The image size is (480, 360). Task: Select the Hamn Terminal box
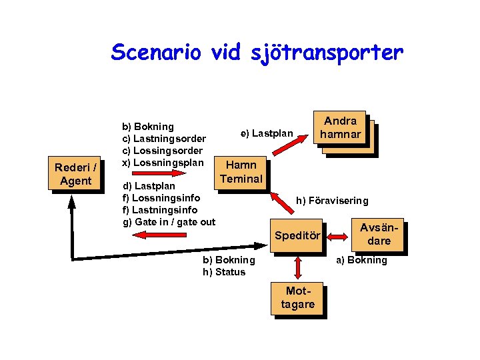pyautogui.click(x=241, y=171)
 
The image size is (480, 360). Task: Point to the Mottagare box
pyautogui.click(x=297, y=297)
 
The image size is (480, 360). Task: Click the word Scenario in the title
pyautogui.click(x=155, y=52)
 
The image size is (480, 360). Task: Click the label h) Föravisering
pyautogui.click(x=332, y=201)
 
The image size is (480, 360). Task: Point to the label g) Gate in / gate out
pyautogui.click(x=169, y=222)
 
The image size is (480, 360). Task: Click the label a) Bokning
pyautogui.click(x=361, y=260)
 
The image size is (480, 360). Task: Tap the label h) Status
pyautogui.click(x=224, y=272)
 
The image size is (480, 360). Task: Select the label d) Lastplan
pyautogui.click(x=149, y=186)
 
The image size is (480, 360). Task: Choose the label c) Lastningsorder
pyautogui.click(x=164, y=139)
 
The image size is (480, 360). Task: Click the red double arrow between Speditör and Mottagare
pyautogui.click(x=297, y=268)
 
